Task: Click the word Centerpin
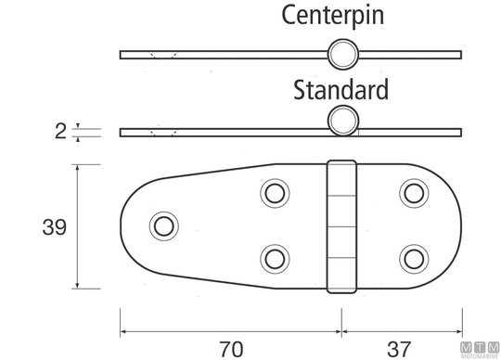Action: [x=333, y=15]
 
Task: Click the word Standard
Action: [x=340, y=90]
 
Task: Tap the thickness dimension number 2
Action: [x=60, y=131]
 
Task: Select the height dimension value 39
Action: [x=55, y=227]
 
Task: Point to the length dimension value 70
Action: [x=231, y=349]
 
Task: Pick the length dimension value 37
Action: [x=398, y=349]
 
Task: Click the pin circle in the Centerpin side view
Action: [x=343, y=55]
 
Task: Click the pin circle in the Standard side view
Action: [x=343, y=121]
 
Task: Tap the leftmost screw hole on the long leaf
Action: [x=164, y=226]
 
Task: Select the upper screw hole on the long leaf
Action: [x=275, y=194]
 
